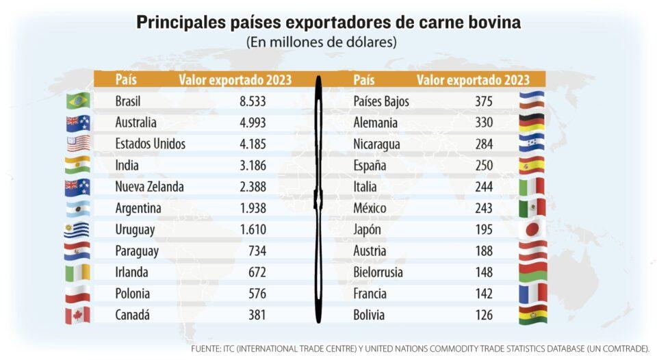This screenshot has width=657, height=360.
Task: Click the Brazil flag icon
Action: (x=77, y=101)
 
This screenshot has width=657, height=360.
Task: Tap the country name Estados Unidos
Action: (x=151, y=144)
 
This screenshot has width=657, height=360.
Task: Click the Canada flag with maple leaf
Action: (x=77, y=316)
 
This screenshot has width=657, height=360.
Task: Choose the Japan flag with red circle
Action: (x=532, y=229)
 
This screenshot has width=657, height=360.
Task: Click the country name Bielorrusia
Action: (x=378, y=272)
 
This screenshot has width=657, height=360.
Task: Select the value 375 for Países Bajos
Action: (x=483, y=101)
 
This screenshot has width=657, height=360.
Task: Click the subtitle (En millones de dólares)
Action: (x=322, y=42)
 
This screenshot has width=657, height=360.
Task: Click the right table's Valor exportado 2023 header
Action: (x=473, y=80)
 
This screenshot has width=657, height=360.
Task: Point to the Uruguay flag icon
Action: (x=77, y=230)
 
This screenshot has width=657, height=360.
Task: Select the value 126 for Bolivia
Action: (x=483, y=316)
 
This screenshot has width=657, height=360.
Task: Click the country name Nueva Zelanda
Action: (x=149, y=187)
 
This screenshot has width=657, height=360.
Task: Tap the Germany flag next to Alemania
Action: (x=532, y=123)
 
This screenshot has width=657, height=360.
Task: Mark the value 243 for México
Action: (x=483, y=208)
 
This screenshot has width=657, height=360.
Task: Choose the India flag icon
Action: (x=77, y=165)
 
